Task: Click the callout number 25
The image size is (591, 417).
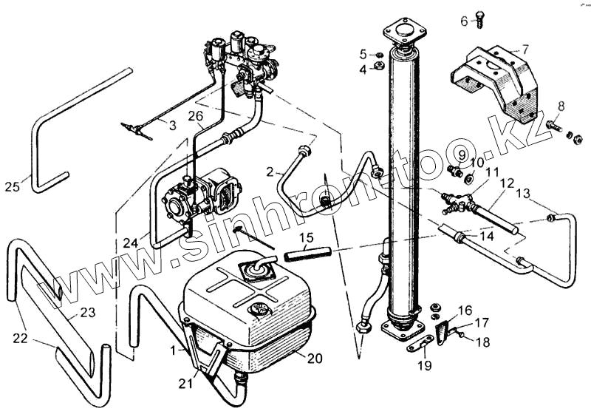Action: point(12,186)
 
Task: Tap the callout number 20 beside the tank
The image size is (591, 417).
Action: point(315,358)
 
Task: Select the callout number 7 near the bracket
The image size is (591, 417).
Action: point(525,49)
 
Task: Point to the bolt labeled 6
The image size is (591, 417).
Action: point(479,19)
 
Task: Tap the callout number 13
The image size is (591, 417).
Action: point(523,194)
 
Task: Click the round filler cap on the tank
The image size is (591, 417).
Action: point(259,311)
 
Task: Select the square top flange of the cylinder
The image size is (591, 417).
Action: point(404,32)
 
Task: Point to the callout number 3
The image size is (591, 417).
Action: point(173,125)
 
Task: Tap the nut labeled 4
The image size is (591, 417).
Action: point(378,67)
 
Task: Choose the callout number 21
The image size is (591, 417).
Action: point(186,384)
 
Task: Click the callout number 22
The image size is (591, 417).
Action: point(21,338)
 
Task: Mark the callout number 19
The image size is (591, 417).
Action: point(425,365)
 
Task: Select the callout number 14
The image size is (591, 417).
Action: point(487,237)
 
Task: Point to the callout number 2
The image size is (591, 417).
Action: point(270,172)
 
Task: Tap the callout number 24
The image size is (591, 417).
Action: point(131,243)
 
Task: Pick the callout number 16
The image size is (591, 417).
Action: point(465,311)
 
